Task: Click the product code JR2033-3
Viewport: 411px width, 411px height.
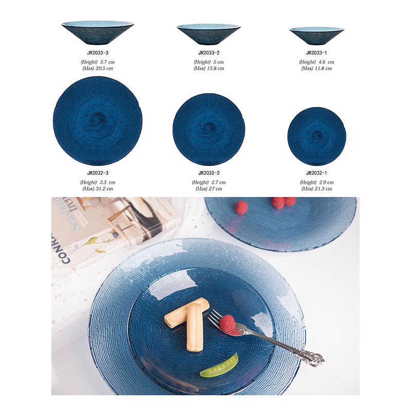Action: coord(98,53)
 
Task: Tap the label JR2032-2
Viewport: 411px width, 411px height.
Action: coord(209,173)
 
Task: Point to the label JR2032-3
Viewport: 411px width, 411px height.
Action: coord(98,173)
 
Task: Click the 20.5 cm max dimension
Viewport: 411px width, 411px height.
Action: coord(104,68)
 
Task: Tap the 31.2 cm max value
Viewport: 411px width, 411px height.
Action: coord(104,189)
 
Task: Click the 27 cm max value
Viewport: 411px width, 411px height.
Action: coord(215,189)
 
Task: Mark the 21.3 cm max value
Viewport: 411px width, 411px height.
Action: coord(324,189)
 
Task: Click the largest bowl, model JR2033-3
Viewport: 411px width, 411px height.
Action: coord(98,33)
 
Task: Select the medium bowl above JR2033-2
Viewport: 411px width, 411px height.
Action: coord(209,34)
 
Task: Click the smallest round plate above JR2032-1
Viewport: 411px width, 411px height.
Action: coord(316,136)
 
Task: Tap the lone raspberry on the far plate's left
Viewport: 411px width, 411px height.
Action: coord(241,207)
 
